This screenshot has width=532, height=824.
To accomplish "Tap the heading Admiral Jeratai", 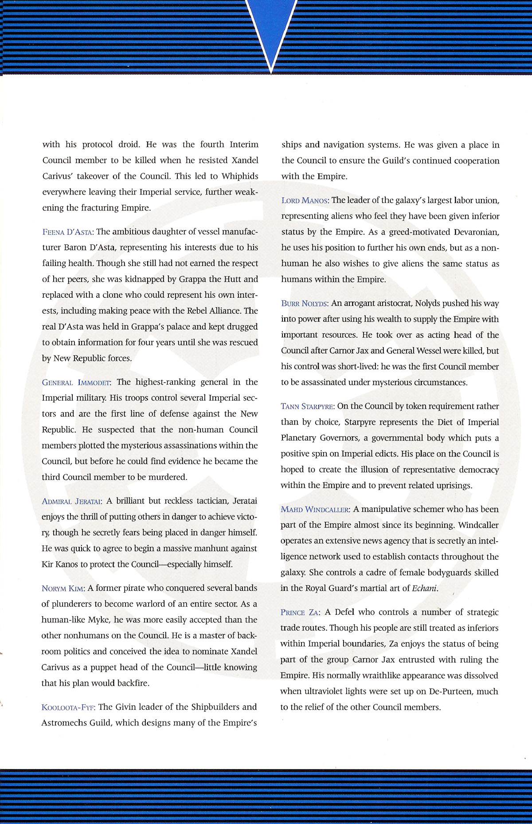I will tap(72, 501).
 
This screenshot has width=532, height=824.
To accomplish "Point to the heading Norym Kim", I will tap(63, 589).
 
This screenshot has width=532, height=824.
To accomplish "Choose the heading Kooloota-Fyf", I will tap(68, 707).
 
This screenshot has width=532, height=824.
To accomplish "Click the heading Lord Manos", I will tap(305, 200).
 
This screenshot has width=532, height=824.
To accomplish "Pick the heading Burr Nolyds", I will tap(305, 304).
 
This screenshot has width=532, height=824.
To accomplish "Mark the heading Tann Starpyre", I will tap(307, 406).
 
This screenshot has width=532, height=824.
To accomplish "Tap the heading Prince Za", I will tap(300, 613).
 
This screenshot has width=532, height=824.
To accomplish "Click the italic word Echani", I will tap(425, 589).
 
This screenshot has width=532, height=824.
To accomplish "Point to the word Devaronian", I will tap(477, 232).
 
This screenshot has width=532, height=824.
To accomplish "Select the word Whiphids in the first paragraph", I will tap(240, 176).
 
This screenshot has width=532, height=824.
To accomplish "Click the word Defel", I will tap(344, 612).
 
